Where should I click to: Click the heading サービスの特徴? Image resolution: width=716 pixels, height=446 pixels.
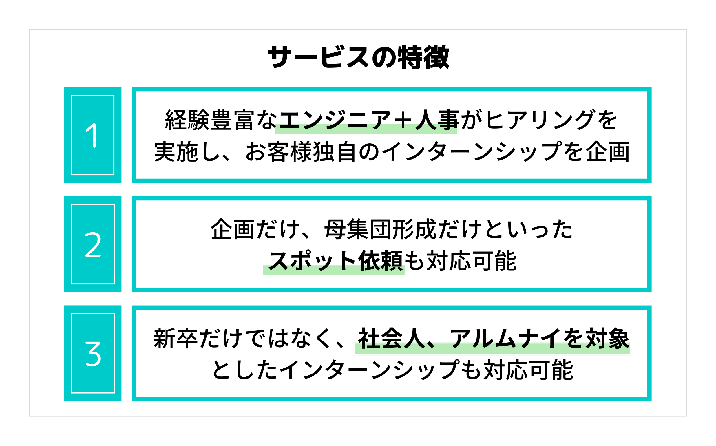click(x=358, y=57)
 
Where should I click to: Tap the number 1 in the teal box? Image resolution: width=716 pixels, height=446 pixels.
click(x=92, y=136)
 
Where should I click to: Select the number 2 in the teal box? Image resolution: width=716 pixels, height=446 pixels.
click(x=93, y=244)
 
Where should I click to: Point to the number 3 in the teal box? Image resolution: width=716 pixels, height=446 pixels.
click(x=93, y=354)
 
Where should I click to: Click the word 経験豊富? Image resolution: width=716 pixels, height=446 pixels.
click(x=209, y=120)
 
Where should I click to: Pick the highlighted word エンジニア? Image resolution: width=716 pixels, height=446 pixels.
click(x=335, y=120)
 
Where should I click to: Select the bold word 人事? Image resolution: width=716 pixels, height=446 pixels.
click(x=437, y=120)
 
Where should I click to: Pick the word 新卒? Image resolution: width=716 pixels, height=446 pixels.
click(x=176, y=338)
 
